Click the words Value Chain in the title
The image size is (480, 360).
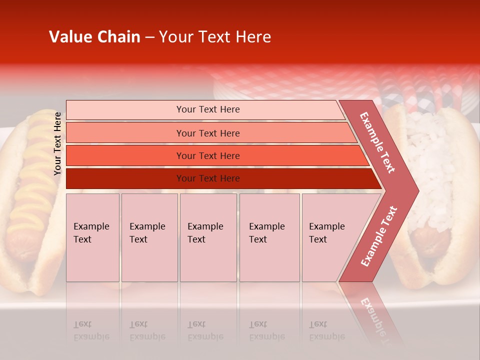(x=94, y=37)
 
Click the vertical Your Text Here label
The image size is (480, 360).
(x=57, y=143)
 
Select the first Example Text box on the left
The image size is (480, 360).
(x=92, y=237)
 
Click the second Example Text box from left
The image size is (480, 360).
(x=149, y=237)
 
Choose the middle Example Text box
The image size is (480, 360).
(x=208, y=237)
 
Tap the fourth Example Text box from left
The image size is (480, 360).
(x=269, y=237)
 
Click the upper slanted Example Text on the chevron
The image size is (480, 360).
(x=377, y=142)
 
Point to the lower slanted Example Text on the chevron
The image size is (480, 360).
(x=379, y=236)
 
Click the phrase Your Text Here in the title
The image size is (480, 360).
(x=215, y=37)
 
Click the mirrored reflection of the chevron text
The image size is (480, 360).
(x=372, y=312)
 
